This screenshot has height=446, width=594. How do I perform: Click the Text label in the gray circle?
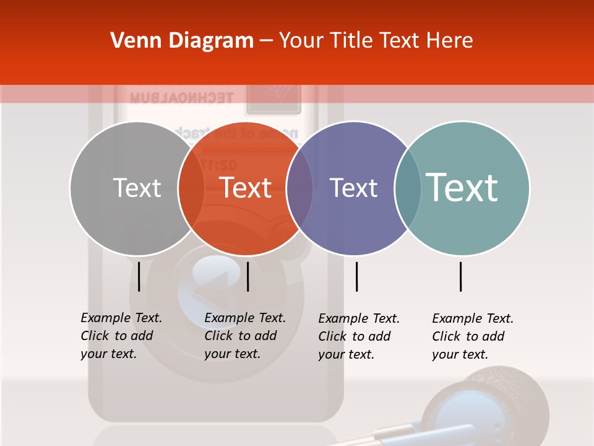[x=137, y=188]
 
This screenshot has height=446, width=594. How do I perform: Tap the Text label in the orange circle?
[x=246, y=188]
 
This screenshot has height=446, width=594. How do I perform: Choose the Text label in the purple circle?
[x=353, y=188]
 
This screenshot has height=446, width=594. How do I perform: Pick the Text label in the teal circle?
[x=462, y=188]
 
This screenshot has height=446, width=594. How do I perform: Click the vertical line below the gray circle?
[x=139, y=276]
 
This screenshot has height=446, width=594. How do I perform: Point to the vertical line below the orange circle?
[x=247, y=276]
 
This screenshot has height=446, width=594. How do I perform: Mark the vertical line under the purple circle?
[x=356, y=276]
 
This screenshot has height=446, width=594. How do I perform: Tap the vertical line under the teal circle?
[x=460, y=276]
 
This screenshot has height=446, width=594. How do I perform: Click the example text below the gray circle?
[x=121, y=336]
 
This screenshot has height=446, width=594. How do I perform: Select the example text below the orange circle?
[x=244, y=336]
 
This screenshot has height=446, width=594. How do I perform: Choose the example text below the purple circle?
[x=358, y=336]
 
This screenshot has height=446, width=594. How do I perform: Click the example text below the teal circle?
[x=472, y=336]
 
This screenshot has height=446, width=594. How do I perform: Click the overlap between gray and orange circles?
[x=191, y=188]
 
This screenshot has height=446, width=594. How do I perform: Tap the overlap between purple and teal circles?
[x=408, y=188]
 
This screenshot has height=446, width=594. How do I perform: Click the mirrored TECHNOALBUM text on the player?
[x=181, y=98]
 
